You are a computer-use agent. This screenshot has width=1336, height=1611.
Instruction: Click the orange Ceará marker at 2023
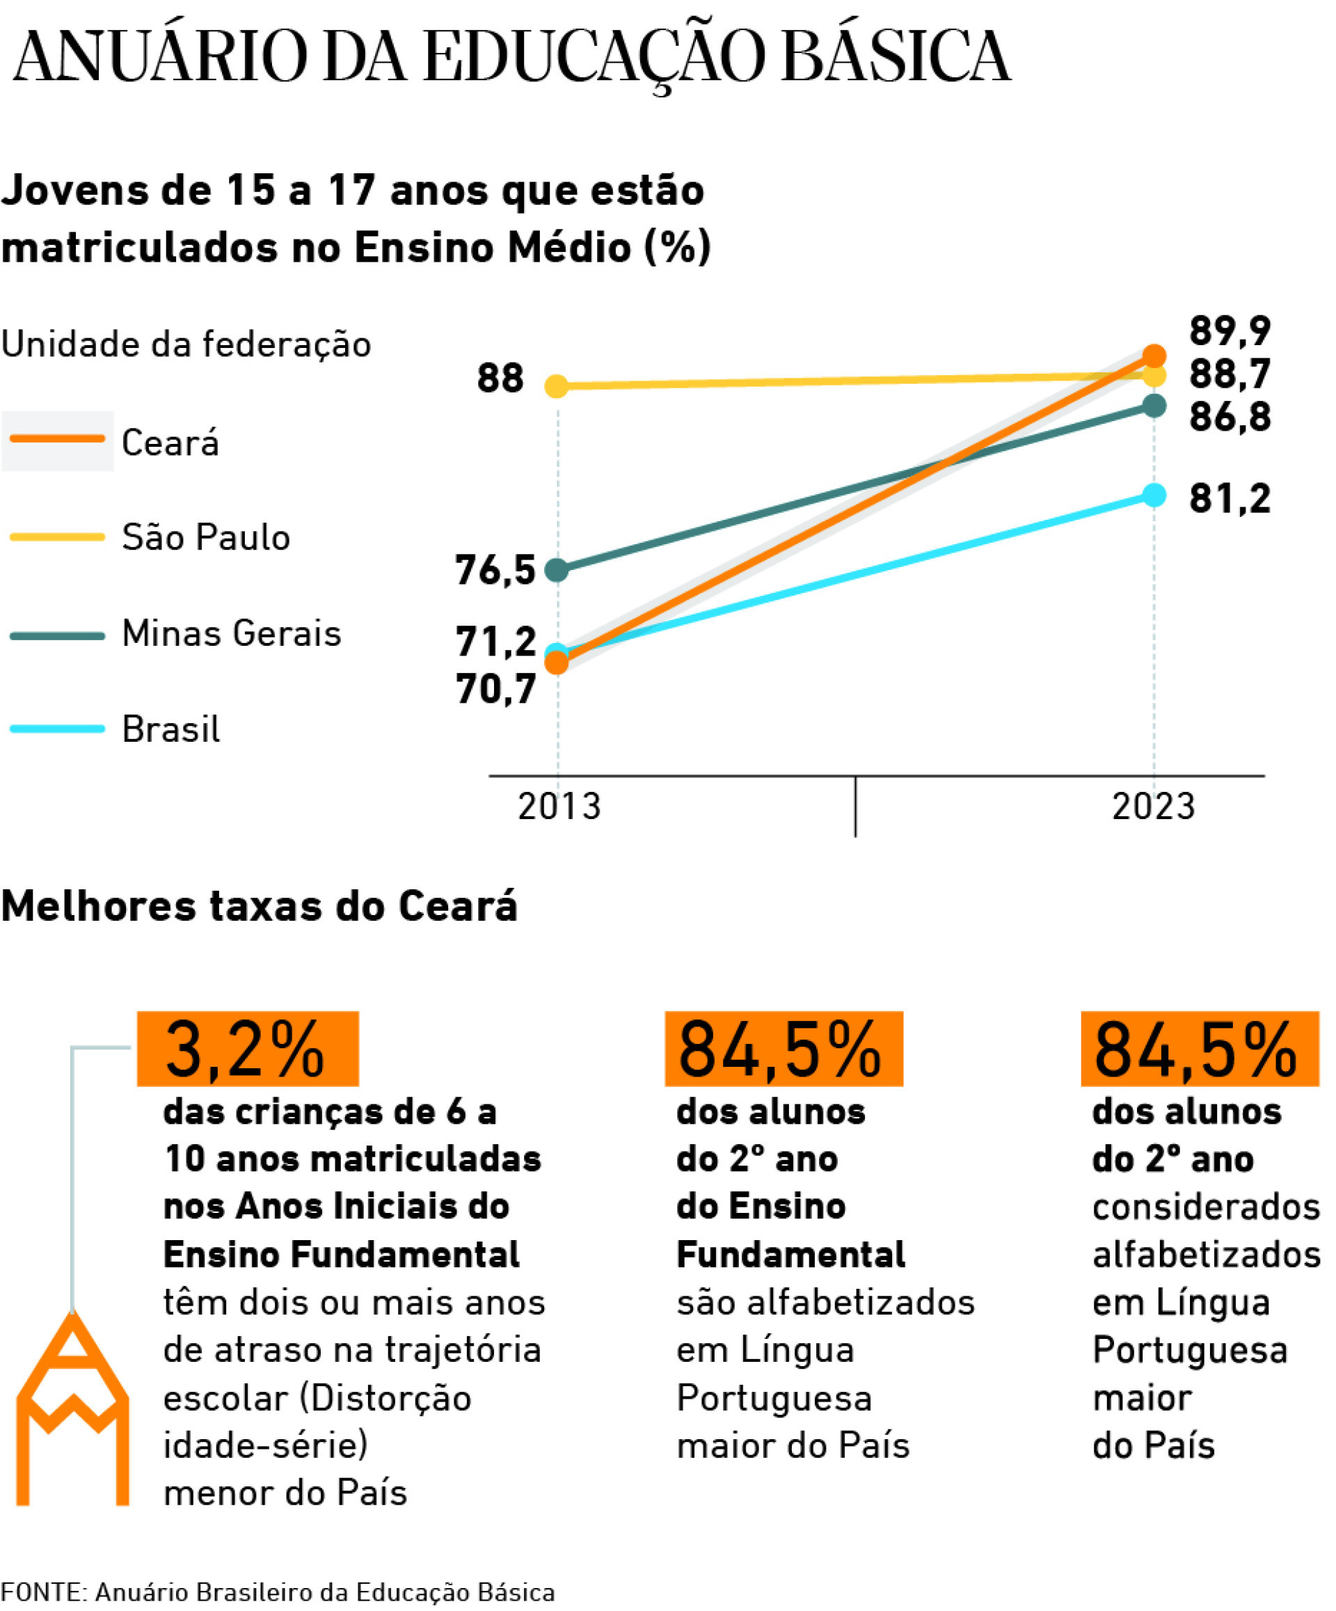tap(1154, 356)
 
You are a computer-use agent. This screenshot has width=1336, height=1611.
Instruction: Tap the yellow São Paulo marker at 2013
tap(557, 386)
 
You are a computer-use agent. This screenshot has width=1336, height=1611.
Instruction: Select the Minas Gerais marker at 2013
tap(557, 570)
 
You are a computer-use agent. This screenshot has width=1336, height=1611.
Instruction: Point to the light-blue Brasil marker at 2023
tap(1154, 495)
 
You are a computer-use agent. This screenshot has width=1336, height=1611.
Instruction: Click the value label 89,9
tap(1230, 331)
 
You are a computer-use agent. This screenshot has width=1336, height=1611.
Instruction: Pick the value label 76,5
tap(495, 570)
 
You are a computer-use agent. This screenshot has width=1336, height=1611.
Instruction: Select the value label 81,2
tap(1230, 499)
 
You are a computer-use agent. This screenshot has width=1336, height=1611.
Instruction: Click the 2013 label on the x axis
tap(559, 807)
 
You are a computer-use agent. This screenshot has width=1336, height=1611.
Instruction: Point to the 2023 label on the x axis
tap(1154, 807)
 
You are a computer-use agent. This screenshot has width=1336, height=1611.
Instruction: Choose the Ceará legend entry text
tap(170, 443)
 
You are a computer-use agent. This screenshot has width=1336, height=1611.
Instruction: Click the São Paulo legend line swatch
tap(57, 537)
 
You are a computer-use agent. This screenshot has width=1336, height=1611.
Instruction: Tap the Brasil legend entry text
tap(170, 729)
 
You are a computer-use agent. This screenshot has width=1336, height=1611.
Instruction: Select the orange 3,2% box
tap(247, 1049)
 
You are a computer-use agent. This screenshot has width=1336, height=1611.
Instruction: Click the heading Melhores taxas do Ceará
tap(260, 906)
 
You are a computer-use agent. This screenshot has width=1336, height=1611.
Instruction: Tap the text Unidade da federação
tap(186, 344)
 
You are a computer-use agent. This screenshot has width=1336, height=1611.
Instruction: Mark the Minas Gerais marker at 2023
tap(1154, 405)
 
